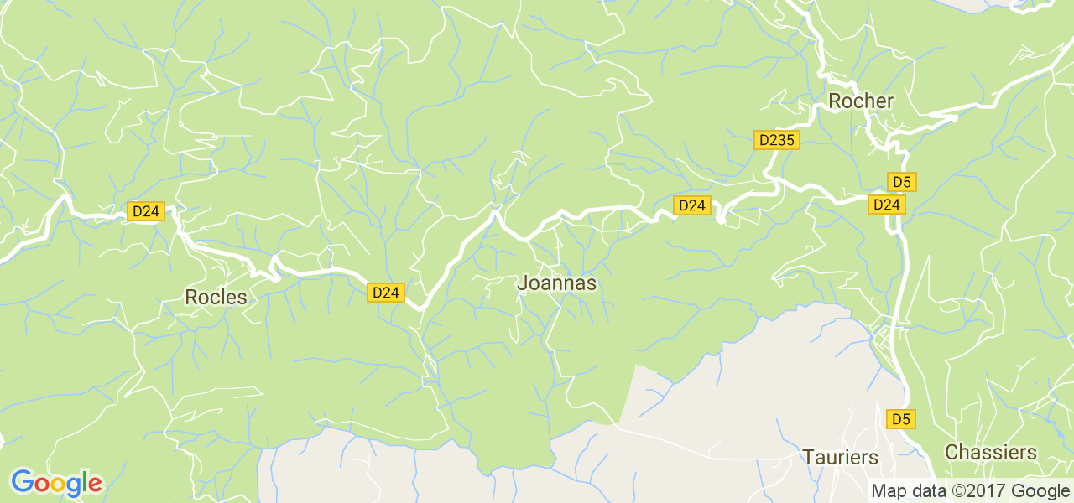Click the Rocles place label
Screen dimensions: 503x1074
pyautogui.click(x=216, y=297)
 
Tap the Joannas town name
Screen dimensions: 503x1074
pyautogui.click(x=556, y=283)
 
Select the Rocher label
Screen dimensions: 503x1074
pyautogui.click(x=861, y=101)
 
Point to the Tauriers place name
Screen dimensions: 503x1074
pyautogui.click(x=840, y=458)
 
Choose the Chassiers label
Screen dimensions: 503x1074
pyautogui.click(x=990, y=453)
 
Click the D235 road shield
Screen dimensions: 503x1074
pyautogui.click(x=775, y=140)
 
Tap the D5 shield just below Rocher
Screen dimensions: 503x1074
pyautogui.click(x=902, y=182)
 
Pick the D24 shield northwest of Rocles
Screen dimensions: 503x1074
pyautogui.click(x=146, y=211)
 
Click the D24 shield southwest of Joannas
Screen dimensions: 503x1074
pyautogui.click(x=385, y=292)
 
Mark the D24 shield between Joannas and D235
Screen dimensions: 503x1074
pyautogui.click(x=692, y=205)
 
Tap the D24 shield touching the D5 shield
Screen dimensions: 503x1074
pyautogui.click(x=886, y=204)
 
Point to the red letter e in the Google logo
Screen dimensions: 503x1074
pyautogui.click(x=94, y=485)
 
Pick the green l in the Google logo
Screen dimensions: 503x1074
pyautogui.click(x=84, y=482)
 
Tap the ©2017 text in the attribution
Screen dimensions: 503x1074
pyautogui.click(x=977, y=491)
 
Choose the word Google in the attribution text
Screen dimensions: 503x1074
pyautogui.click(x=1040, y=491)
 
